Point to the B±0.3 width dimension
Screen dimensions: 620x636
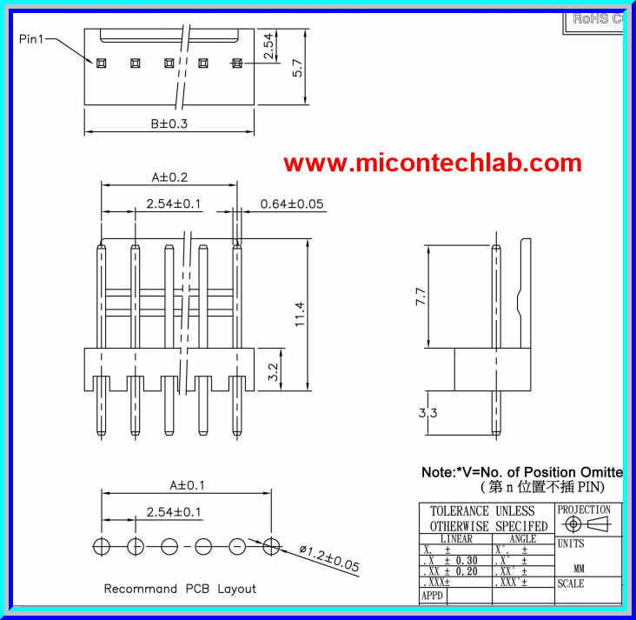click(169, 123)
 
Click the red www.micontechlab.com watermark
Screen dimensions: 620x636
click(432, 163)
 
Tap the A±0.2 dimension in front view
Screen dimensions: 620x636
click(169, 177)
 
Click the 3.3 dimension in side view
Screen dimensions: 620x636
click(427, 414)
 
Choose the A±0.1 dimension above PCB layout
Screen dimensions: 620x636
click(187, 485)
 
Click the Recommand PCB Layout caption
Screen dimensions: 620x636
click(180, 589)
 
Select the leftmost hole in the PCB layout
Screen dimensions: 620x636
click(102, 546)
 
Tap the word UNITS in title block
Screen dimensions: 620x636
click(571, 544)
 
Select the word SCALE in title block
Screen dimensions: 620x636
click(571, 584)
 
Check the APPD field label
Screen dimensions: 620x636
click(432, 597)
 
